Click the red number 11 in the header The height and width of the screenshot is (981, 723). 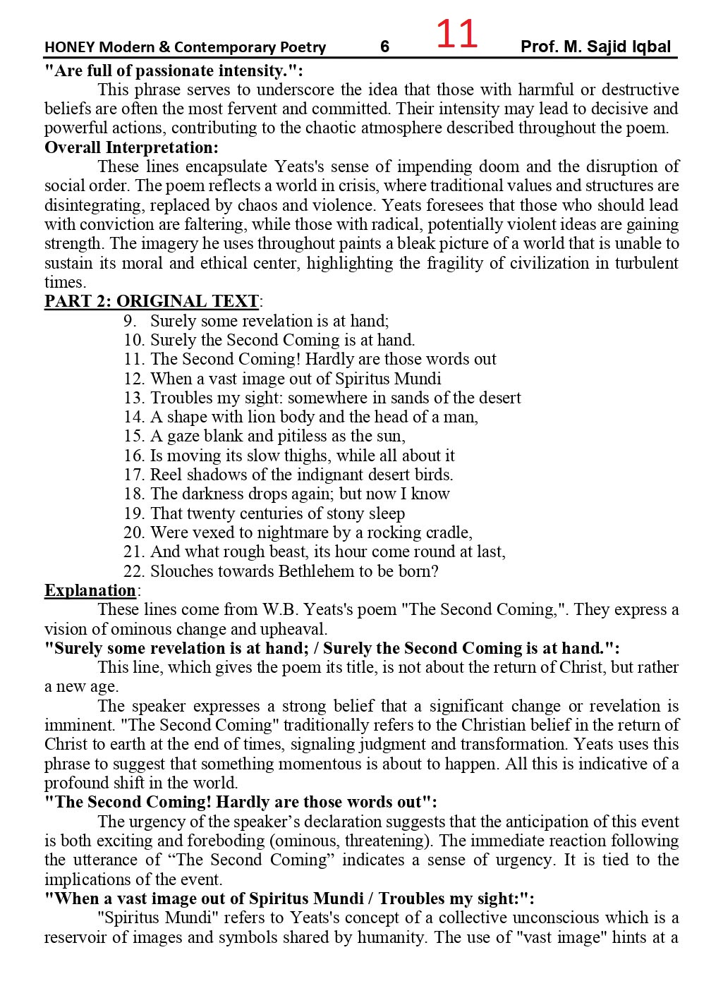point(456,34)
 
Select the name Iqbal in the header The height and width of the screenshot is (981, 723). point(652,47)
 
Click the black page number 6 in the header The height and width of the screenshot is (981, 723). point(384,47)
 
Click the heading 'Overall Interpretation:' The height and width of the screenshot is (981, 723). point(131,147)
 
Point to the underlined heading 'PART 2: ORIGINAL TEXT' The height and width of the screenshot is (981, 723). point(152,301)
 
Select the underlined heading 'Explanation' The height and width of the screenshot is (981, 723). point(90,590)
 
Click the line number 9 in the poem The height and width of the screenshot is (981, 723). point(130,321)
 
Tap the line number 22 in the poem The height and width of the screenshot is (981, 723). point(133,571)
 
